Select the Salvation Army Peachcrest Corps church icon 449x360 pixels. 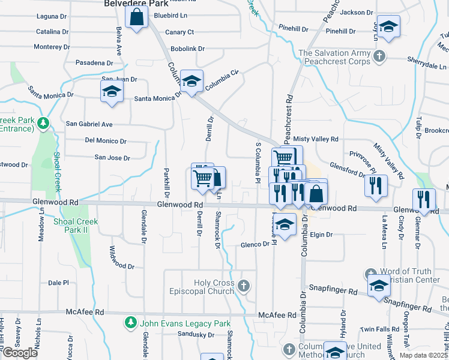pos(379,57)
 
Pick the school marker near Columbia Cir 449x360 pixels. pos(191,82)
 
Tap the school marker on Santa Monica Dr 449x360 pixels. pos(112,93)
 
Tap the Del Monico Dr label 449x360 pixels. pos(106,141)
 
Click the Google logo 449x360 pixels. pos(20,353)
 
